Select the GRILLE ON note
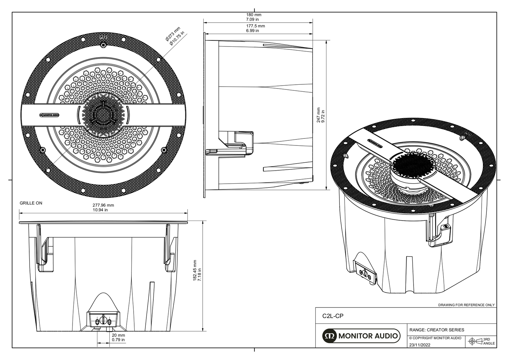31,203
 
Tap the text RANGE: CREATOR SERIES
436,330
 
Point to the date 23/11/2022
420,345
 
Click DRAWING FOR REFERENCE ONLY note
466,305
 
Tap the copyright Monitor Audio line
435,338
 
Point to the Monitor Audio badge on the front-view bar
49,115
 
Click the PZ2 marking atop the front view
103,37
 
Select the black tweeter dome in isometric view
408,164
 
